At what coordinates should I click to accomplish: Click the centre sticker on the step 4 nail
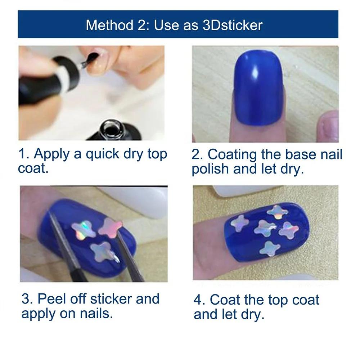coord(265,228)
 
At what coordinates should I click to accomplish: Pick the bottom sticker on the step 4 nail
coord(270,248)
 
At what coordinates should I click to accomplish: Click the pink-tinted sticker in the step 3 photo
coord(111,226)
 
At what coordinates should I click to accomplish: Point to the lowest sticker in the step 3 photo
coord(103,251)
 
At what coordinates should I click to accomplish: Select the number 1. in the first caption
coord(24,154)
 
